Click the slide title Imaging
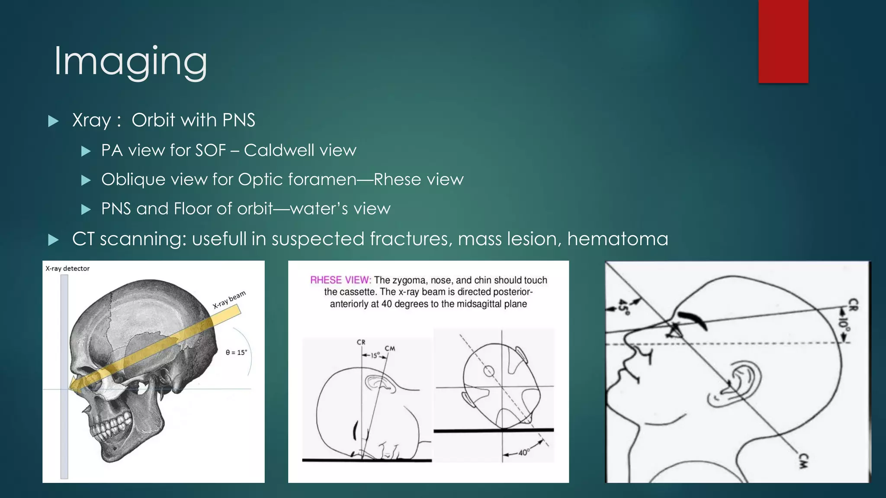(130, 62)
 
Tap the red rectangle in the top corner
(783, 41)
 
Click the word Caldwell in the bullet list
(279, 150)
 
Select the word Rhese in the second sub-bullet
(397, 179)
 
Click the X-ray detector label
(67, 268)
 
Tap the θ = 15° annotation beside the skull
(236, 352)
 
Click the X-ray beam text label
(229, 299)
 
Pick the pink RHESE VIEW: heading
(340, 280)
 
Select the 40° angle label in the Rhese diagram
(523, 453)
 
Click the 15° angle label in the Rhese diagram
(375, 355)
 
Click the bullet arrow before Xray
(53, 121)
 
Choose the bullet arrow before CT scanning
(53, 240)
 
